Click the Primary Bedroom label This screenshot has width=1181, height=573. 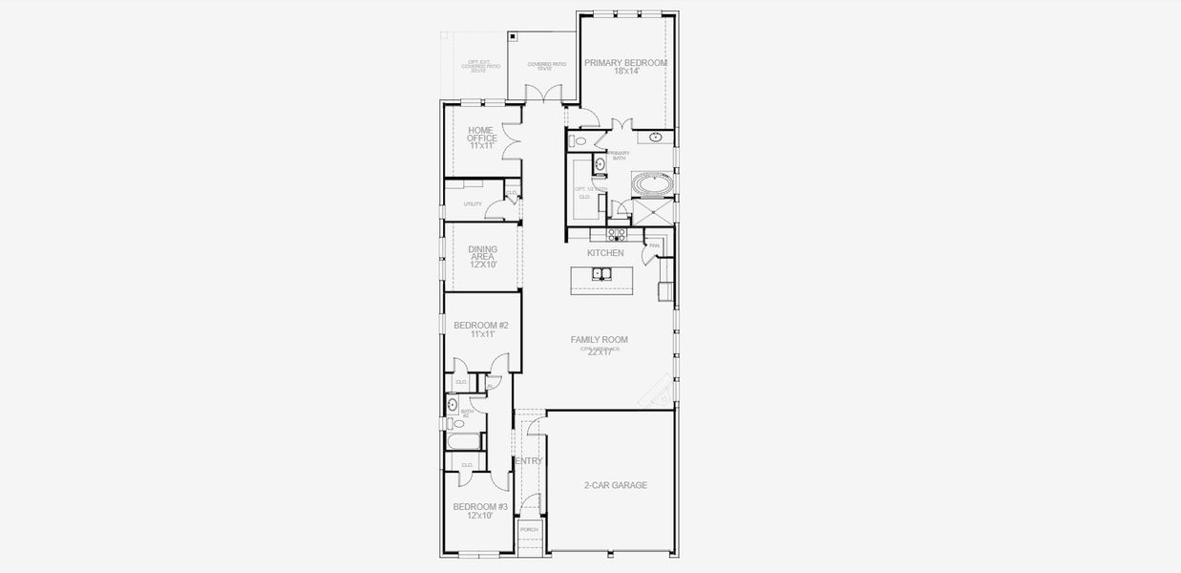(x=625, y=62)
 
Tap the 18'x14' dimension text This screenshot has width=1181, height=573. (x=625, y=72)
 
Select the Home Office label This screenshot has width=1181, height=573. (x=482, y=134)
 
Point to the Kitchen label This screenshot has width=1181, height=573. (x=605, y=253)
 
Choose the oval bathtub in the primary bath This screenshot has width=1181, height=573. (x=653, y=181)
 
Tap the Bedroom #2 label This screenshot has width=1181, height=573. (x=481, y=326)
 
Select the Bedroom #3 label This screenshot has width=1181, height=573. (x=480, y=506)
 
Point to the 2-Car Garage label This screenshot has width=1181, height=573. (x=616, y=485)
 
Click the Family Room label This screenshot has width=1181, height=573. (x=599, y=339)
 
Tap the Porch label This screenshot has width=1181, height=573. (x=529, y=529)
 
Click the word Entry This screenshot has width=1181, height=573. (x=529, y=461)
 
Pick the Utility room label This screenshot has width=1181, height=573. (x=473, y=204)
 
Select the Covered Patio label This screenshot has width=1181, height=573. (x=546, y=64)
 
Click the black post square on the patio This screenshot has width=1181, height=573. (x=513, y=36)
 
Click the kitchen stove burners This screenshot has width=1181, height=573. (x=617, y=233)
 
